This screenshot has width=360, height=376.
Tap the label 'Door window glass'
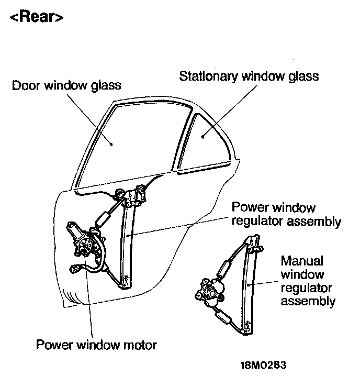[66, 85]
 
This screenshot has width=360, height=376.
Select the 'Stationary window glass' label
[249, 76]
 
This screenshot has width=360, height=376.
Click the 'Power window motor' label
[96, 345]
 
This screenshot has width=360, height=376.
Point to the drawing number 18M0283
[264, 364]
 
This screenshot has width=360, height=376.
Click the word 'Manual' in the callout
[302, 260]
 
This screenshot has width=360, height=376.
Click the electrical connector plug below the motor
[75, 270]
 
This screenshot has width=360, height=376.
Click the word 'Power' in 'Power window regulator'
[248, 208]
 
